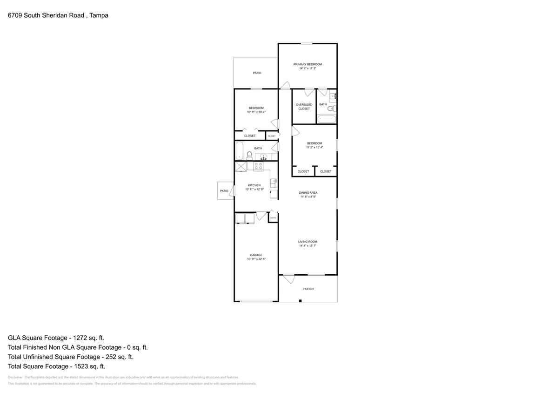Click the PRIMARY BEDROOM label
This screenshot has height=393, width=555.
[308, 64]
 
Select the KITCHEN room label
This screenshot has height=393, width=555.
[254, 185]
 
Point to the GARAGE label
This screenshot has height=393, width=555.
[256, 255]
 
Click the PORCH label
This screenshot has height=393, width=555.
[308, 289]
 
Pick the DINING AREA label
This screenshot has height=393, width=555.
[308, 192]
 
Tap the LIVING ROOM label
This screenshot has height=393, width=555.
[308, 242]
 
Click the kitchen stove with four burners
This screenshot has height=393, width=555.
[259, 166]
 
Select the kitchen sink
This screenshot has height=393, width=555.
[274, 183]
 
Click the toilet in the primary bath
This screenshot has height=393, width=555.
[331, 108]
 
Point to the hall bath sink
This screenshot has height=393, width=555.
[263, 156]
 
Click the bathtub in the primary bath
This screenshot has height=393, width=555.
[326, 119]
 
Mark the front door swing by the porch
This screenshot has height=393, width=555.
[288, 279]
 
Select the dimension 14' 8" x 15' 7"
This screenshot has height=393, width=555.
[308, 246]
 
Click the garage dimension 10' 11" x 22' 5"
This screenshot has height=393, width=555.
[256, 259]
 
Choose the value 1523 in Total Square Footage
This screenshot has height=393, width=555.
[74, 366]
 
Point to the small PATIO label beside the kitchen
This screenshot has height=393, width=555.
[224, 191]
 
